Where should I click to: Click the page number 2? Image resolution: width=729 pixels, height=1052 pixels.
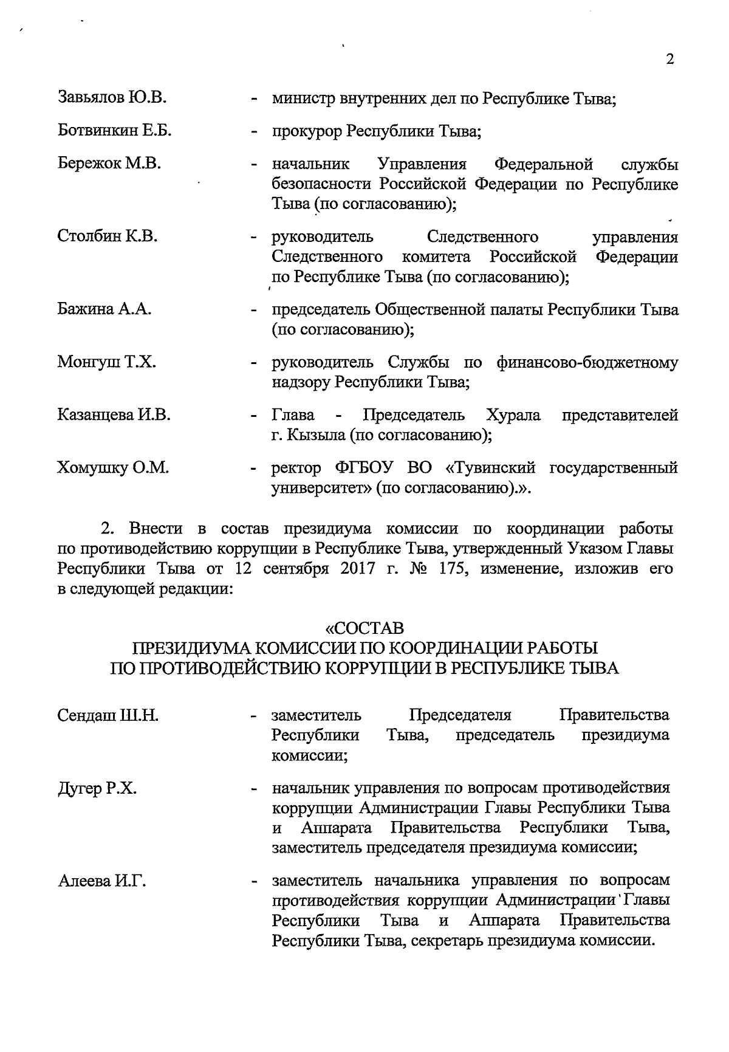coord(670,60)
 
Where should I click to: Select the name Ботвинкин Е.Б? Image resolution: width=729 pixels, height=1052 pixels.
coord(115,130)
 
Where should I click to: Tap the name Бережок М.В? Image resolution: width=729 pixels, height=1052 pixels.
coord(109,163)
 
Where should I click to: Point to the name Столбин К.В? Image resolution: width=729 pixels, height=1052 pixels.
coord(108,236)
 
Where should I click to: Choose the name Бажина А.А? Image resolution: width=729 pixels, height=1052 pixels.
coord(104,309)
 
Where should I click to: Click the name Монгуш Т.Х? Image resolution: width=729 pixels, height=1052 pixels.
coord(106,363)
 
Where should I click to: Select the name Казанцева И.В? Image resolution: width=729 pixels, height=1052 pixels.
coord(114,415)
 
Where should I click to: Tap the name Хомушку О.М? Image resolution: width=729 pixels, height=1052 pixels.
coord(112,468)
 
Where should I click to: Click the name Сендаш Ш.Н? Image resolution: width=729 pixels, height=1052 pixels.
coord(108,715)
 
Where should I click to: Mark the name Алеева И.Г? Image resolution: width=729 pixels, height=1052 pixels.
coord(101,881)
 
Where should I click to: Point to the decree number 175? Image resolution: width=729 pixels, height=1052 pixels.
coord(450,569)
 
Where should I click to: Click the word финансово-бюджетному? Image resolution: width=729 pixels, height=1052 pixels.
coord(587,363)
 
